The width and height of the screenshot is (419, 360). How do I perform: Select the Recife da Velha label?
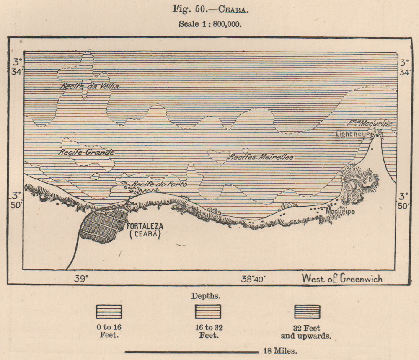[x=90, y=86]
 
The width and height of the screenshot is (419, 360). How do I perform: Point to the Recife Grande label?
[x=86, y=152]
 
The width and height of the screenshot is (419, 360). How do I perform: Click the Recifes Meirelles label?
[x=260, y=157]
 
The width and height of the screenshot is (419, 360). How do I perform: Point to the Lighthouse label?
[x=354, y=134]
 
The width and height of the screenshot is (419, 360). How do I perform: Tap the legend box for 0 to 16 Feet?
[x=109, y=311]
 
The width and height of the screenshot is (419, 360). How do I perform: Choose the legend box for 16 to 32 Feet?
[x=208, y=311]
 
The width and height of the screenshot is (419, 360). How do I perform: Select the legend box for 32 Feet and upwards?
[x=307, y=311]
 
